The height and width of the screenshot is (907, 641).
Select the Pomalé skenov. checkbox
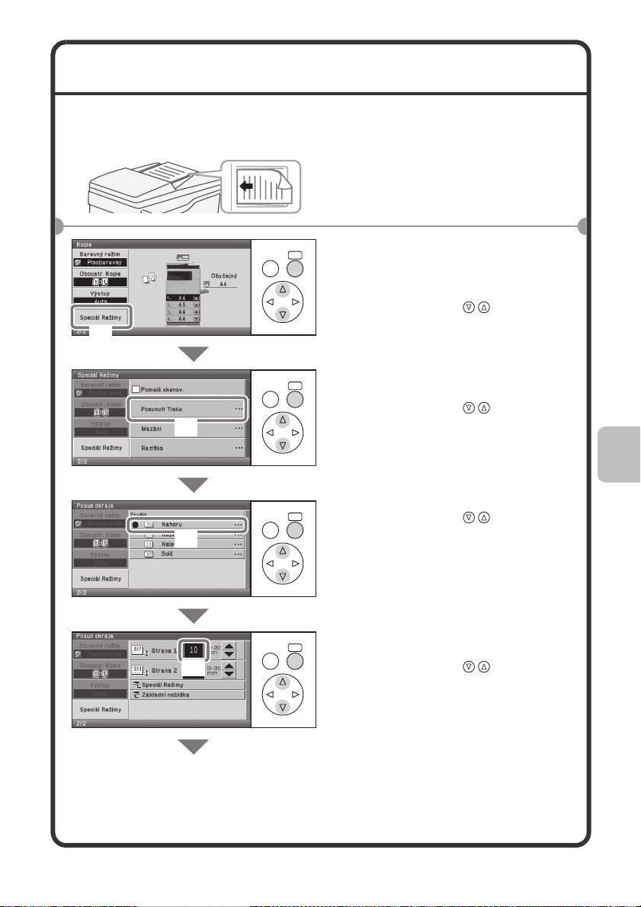pos(136,390)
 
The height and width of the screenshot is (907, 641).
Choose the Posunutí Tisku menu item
pos(187,409)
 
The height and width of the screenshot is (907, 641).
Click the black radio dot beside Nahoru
pos(135,525)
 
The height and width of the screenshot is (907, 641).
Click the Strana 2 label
pos(160,670)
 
